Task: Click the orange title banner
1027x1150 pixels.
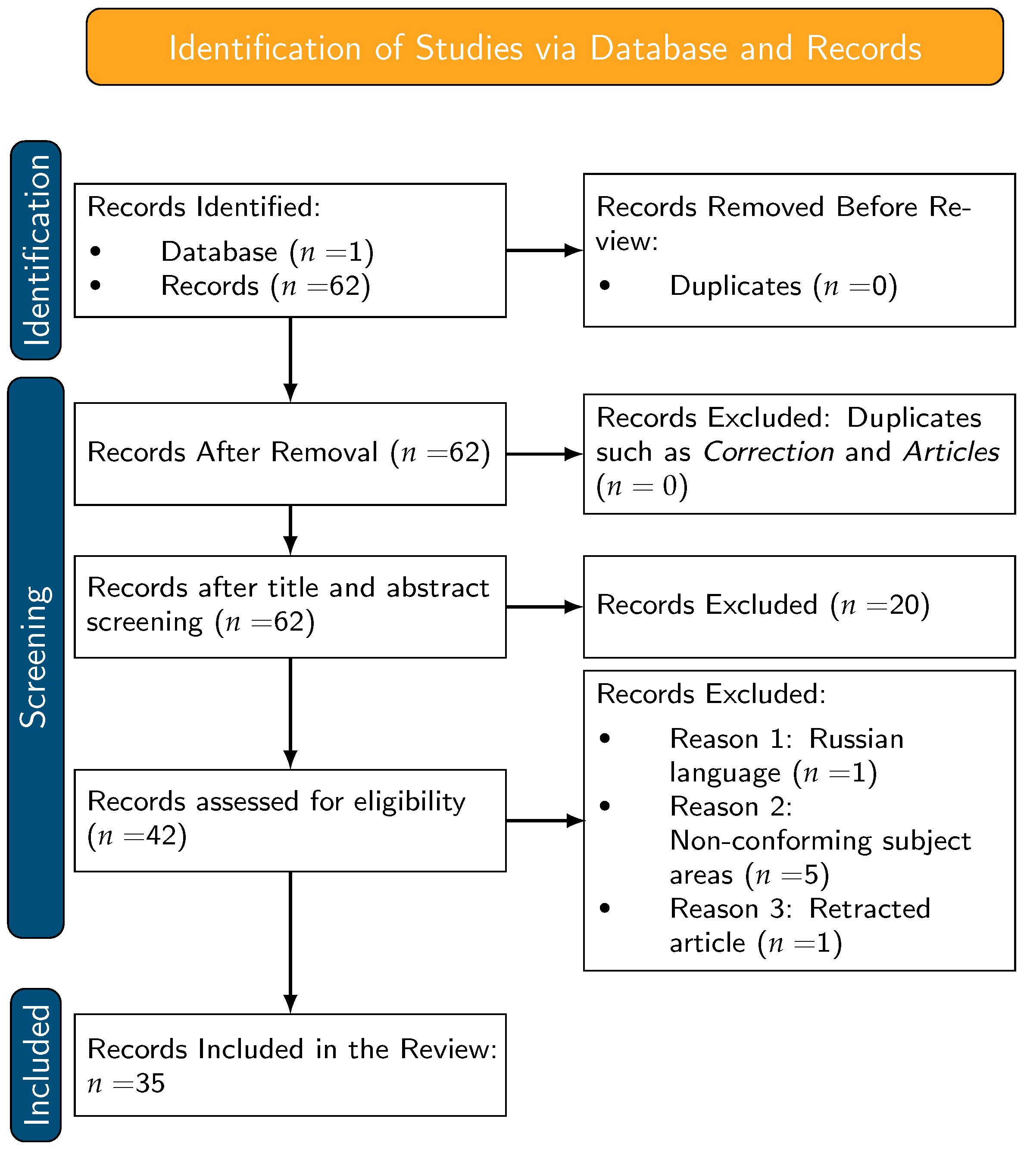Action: coord(545,47)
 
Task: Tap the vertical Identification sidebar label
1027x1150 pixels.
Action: coord(36,250)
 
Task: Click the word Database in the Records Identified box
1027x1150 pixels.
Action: coord(219,252)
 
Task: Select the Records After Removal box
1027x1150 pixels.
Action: coord(290,454)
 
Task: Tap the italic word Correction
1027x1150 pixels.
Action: coord(768,452)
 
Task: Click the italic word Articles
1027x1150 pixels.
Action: coord(952,452)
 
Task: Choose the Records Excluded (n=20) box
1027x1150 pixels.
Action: coord(799,606)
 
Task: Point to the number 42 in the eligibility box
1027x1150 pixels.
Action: coord(161,836)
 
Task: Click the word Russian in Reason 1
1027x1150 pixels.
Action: coord(856,739)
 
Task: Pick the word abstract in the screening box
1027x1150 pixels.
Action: coord(437,588)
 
